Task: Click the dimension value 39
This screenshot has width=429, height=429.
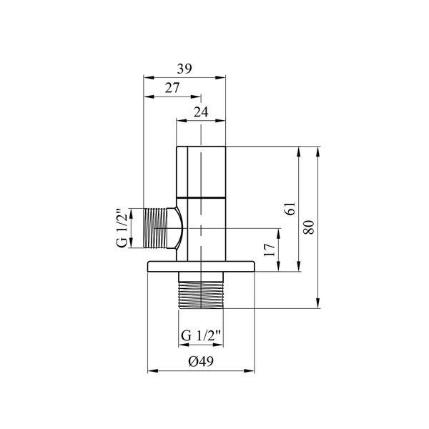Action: click(184, 69)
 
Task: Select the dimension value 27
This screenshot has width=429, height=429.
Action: click(172, 88)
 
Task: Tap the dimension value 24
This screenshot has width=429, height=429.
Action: click(201, 112)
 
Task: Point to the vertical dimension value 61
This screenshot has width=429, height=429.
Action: click(290, 209)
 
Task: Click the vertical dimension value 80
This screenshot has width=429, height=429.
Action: click(309, 227)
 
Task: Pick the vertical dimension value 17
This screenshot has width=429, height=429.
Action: click(270, 250)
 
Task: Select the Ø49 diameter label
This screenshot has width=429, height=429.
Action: click(201, 361)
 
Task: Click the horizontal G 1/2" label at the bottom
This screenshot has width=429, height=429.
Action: click(201, 336)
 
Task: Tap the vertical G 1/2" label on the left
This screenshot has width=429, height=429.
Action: click(122, 228)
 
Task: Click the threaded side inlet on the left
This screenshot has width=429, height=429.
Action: click(155, 228)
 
